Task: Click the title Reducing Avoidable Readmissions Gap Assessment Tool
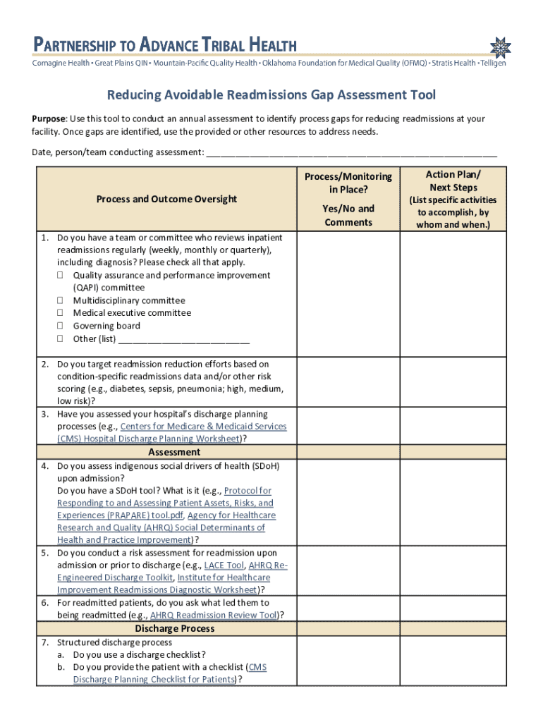pos(271,94)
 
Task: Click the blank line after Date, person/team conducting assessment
pos(350,152)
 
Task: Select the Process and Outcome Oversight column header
pos(166,199)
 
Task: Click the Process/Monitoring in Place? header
pos(348,183)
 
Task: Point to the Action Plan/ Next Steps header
pos(453,180)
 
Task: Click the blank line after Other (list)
pos(184,339)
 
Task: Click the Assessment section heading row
pos(174,452)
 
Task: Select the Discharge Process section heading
pos(174,628)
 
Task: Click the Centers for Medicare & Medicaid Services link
pos(204,427)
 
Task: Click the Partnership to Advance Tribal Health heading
pos(164,44)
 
